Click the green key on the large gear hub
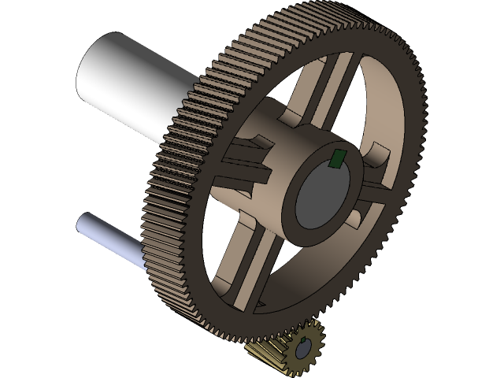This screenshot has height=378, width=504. [x=337, y=159]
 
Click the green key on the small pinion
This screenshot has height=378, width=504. [x=303, y=340]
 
